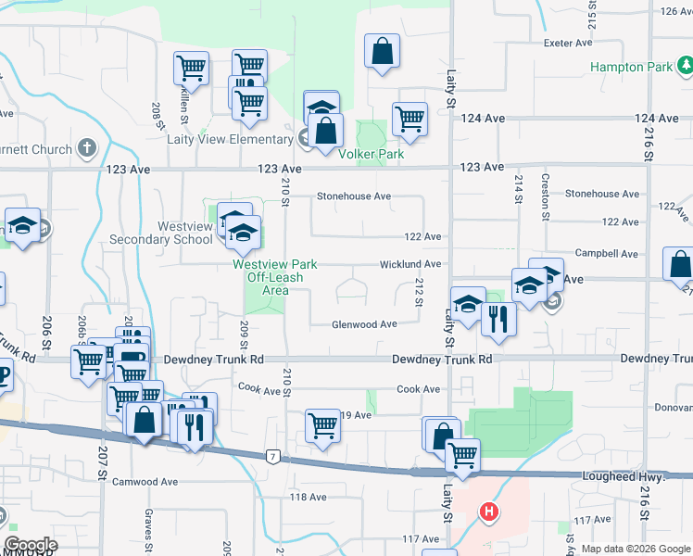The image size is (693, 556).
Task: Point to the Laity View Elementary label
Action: (230, 140)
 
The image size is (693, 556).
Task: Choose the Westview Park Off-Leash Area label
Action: (274, 277)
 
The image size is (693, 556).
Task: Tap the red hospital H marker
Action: (488, 511)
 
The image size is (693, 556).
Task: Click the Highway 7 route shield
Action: (272, 456)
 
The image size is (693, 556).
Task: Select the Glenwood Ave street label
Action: (365, 324)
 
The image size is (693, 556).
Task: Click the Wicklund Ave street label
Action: (409, 264)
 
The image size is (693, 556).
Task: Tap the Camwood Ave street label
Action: (145, 482)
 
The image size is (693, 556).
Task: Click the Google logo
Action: (31, 545)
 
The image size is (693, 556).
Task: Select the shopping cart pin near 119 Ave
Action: (323, 426)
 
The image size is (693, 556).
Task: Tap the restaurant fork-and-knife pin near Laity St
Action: (498, 320)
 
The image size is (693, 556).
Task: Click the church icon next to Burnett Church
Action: (86, 148)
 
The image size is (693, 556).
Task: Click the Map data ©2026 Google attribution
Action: (635, 549)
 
